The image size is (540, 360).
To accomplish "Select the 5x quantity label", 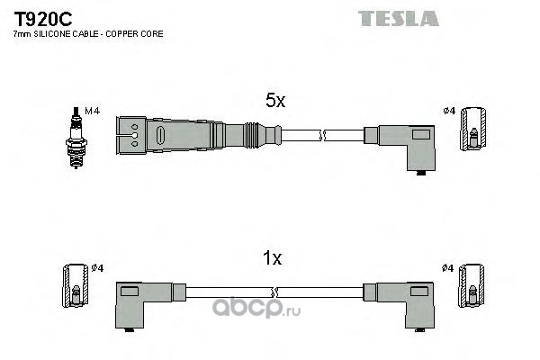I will (x=274, y=103).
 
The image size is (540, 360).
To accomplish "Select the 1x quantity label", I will (x=272, y=259).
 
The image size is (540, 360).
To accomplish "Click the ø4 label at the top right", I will (x=448, y=112).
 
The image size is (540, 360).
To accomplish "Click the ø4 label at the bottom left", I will (x=98, y=268).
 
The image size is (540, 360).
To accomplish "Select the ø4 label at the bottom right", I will (x=448, y=268).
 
